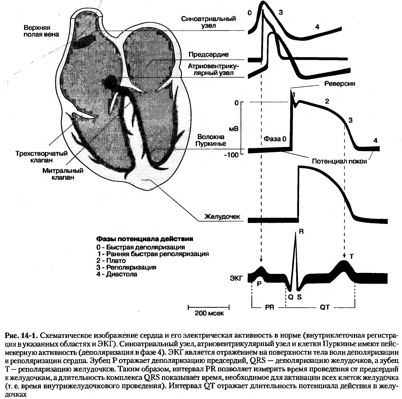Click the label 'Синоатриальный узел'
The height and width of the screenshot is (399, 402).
pos(208,22)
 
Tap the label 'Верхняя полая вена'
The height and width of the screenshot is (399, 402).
pos(41,31)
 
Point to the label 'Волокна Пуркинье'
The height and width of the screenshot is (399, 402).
pos(211,140)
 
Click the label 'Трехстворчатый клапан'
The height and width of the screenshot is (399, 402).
pos(42,157)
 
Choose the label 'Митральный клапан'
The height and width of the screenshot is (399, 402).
pos(63,174)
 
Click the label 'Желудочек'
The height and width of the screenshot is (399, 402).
pos(223,217)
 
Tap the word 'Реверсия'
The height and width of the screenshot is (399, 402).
pos(340,84)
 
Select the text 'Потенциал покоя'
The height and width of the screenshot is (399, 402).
pos(340,161)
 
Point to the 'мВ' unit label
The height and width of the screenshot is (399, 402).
pos(234,129)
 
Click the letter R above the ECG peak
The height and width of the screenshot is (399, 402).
pos(301,232)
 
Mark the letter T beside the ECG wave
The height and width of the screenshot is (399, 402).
pos(352,256)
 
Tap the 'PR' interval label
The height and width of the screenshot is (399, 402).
pos(270,307)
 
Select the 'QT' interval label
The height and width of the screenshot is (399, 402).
pos(325,307)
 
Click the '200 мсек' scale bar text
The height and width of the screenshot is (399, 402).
pos(209,313)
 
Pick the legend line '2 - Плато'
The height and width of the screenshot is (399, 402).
pos(111,260)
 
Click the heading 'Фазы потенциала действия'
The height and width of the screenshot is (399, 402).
pos(145,239)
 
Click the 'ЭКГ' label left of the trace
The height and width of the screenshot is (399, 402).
pos(236,278)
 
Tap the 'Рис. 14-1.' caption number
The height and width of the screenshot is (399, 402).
pos(21,335)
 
